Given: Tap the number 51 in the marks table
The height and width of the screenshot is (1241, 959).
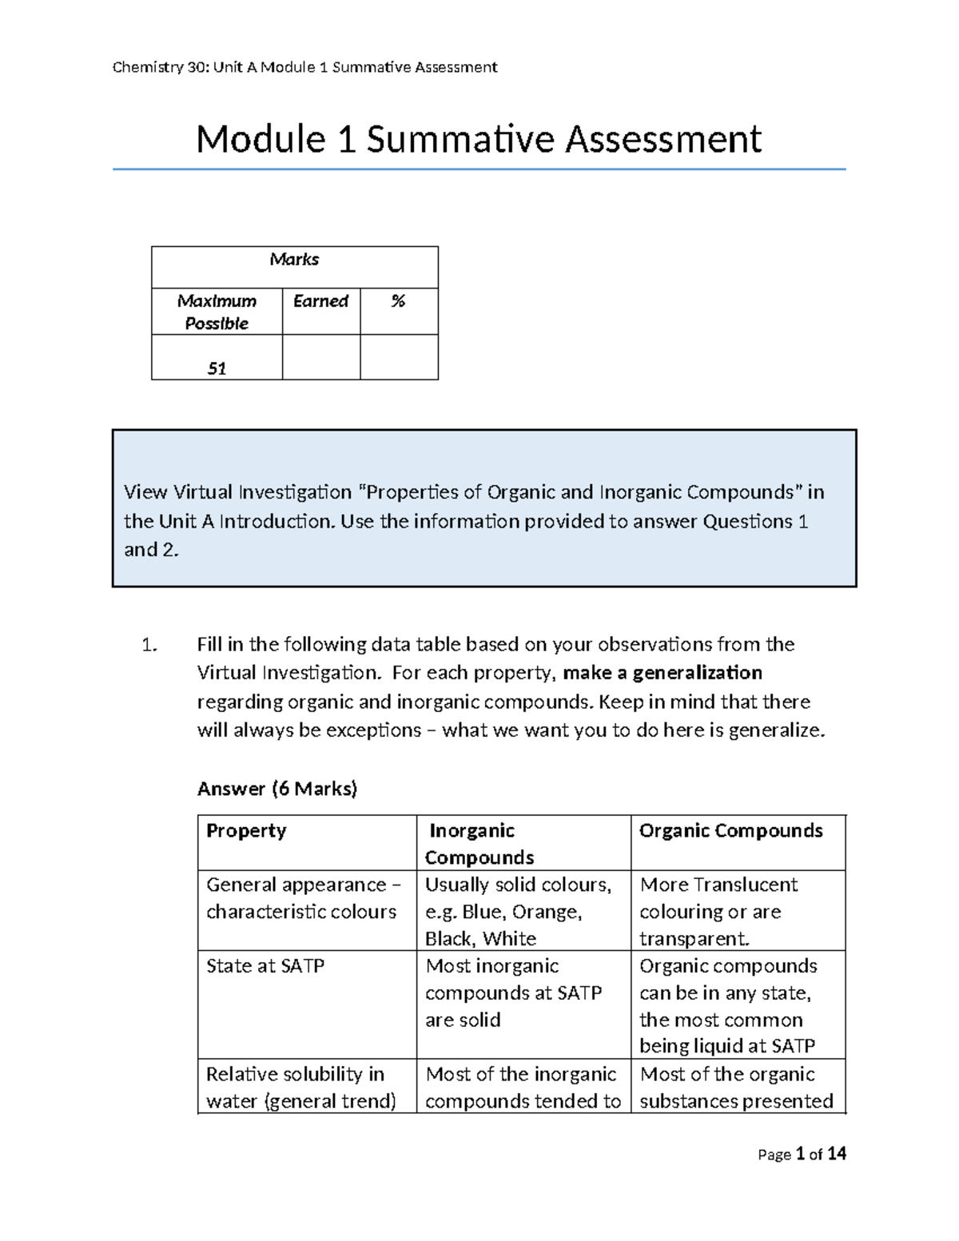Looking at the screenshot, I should coord(217,368).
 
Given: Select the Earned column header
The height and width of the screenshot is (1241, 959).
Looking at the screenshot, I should coord(320,301).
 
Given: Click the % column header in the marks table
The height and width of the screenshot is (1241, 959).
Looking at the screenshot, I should coord(398,301).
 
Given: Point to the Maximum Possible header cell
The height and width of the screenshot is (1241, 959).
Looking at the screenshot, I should coord(217,312).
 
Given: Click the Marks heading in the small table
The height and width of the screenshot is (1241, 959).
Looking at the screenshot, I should coord(294,260).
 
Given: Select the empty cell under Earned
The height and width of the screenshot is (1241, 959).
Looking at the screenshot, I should coord(320,357).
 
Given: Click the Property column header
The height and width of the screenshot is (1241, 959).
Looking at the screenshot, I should coord(246,831).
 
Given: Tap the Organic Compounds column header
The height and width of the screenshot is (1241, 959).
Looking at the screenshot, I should coord(730,831).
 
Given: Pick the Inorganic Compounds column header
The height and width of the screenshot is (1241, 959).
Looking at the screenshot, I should coord(479,844).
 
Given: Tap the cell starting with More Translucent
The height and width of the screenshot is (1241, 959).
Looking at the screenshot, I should coord(718,912).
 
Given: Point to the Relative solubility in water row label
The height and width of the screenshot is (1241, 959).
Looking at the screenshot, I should coord(300,1088).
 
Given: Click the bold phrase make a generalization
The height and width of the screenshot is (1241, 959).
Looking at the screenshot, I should coord(663,673).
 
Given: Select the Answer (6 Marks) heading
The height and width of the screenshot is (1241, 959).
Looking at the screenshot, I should coord(277,789).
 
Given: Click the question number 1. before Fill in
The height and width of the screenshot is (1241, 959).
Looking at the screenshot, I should coord(149,645).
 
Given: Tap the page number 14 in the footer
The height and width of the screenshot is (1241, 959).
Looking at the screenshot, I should coord(836,1154).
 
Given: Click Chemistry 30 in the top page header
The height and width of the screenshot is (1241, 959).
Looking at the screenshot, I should coord(159,67).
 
